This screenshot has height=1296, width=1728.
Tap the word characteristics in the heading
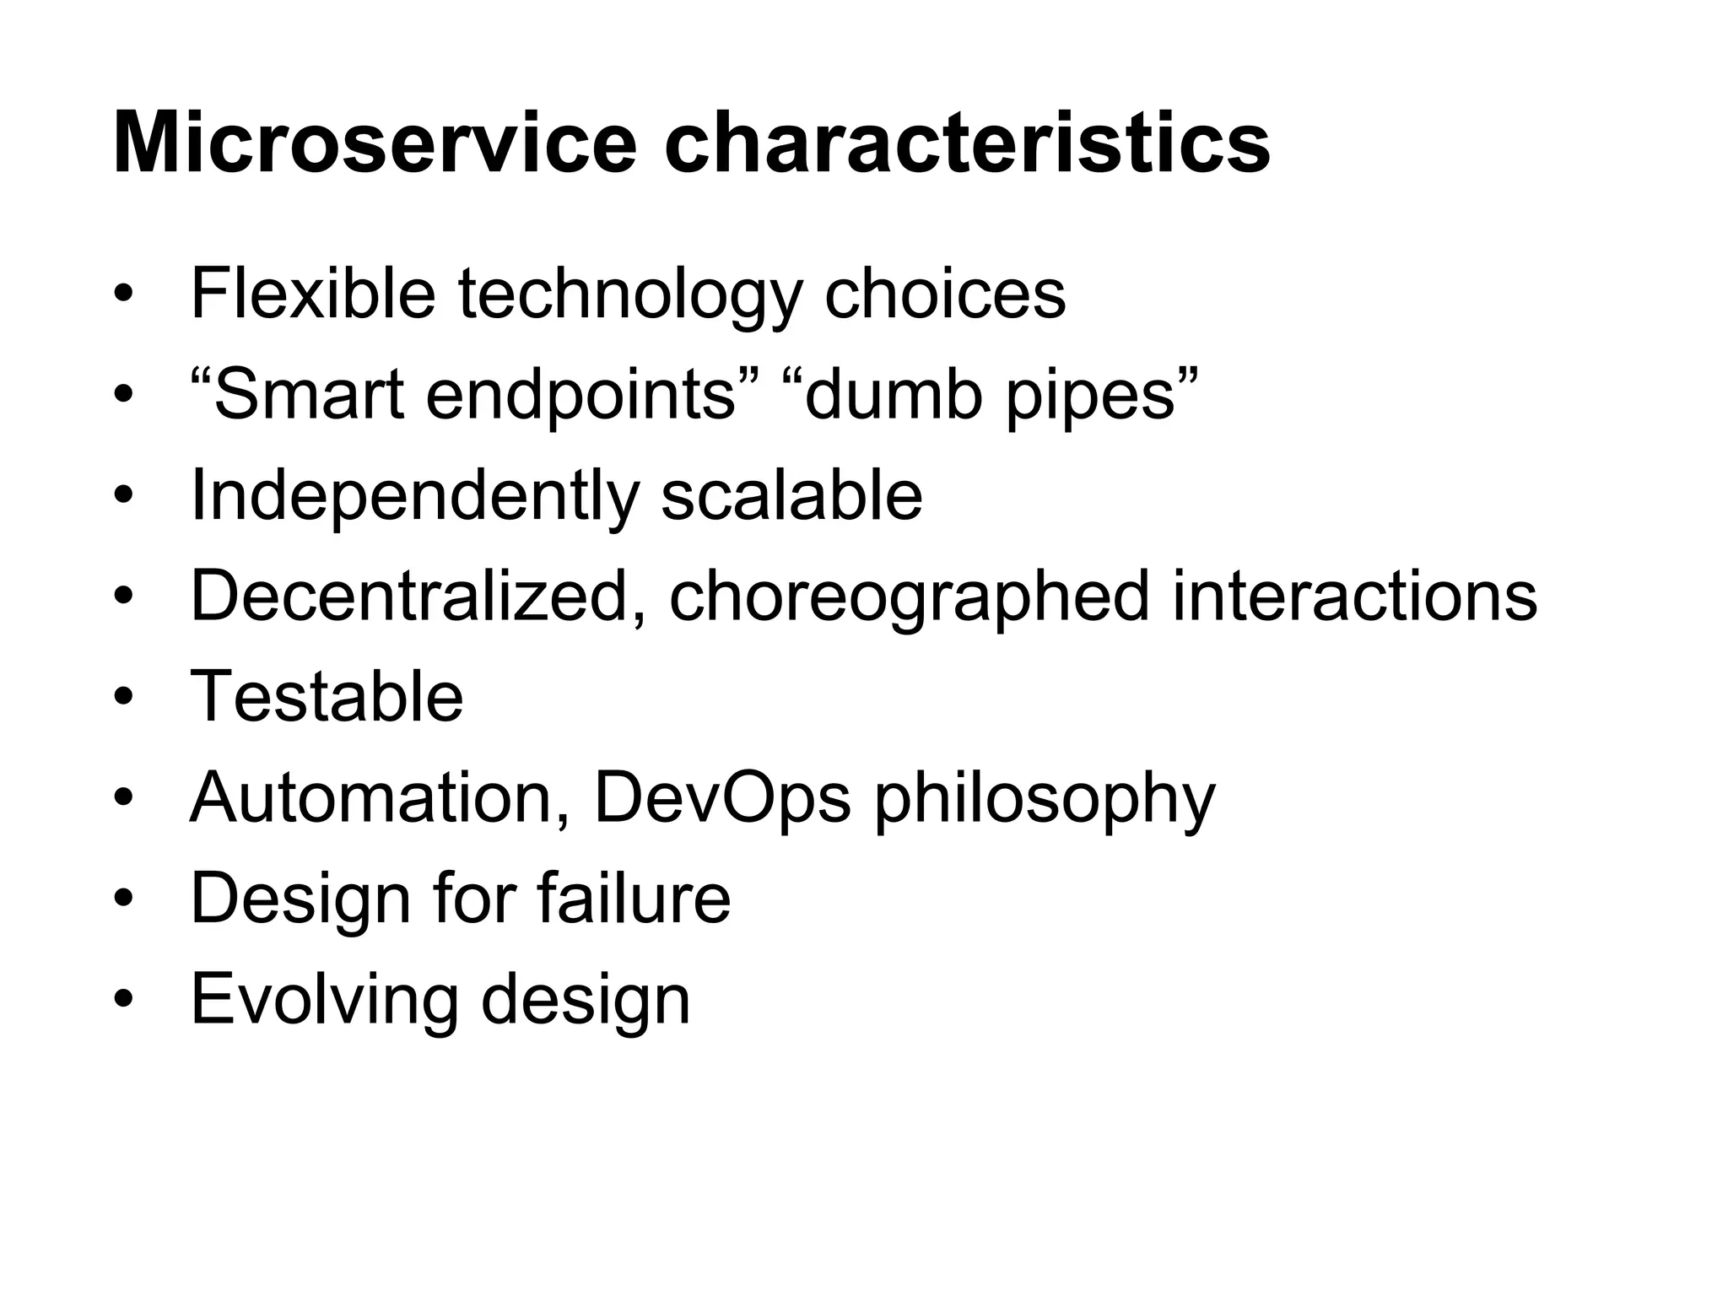(967, 143)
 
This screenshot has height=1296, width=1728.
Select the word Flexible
(313, 293)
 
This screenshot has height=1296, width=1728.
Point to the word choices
(944, 293)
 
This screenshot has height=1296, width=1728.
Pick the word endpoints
(583, 396)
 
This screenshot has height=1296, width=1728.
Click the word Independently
(414, 497)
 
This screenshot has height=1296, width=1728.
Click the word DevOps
(722, 797)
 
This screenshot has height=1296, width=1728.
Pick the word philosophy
(1045, 799)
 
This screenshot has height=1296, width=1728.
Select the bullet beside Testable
(124, 699)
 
